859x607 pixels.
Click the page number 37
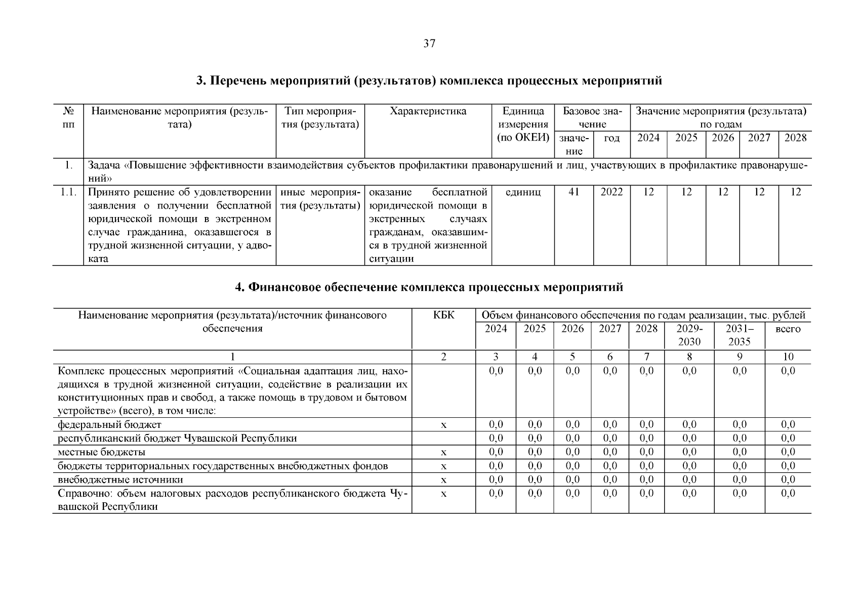pyautogui.click(x=429, y=44)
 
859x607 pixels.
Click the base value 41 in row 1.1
pyautogui.click(x=574, y=192)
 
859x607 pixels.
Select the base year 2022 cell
pyautogui.click(x=611, y=192)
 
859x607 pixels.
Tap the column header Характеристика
pyautogui.click(x=428, y=111)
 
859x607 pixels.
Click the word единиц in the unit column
pyautogui.click(x=523, y=192)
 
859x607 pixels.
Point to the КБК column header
pyautogui.click(x=443, y=316)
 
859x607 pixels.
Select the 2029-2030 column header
pyautogui.click(x=689, y=335)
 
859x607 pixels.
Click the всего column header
pyautogui.click(x=788, y=329)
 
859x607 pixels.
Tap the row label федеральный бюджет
pyautogui.click(x=110, y=425)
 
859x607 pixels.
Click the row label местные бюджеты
pyautogui.click(x=102, y=452)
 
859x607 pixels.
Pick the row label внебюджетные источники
pyautogui.click(x=120, y=480)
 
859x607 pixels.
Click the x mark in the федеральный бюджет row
pyautogui.click(x=443, y=425)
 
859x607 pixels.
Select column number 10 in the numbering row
pyautogui.click(x=788, y=357)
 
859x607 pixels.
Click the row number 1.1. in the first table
pyautogui.click(x=68, y=192)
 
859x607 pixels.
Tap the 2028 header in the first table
pyautogui.click(x=795, y=138)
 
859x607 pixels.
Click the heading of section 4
pyautogui.click(x=429, y=287)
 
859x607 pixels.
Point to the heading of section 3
pyautogui.click(x=429, y=81)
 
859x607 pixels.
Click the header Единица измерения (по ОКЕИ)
pyautogui.click(x=523, y=124)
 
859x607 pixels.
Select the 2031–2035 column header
pyautogui.click(x=739, y=335)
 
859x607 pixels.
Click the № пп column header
pyautogui.click(x=68, y=117)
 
